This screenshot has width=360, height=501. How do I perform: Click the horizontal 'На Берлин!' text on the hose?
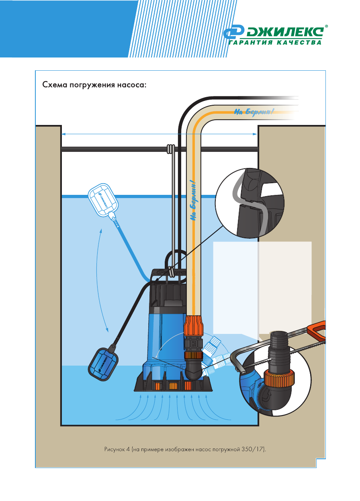(254, 111)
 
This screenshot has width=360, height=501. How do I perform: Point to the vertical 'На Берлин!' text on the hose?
(194, 200)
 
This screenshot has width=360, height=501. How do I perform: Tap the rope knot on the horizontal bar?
(170, 149)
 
